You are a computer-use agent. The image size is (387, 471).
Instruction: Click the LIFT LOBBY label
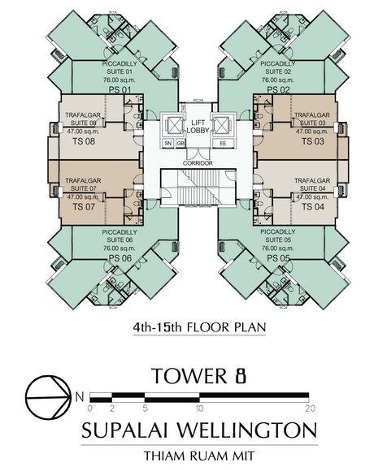pyautogui.click(x=198, y=127)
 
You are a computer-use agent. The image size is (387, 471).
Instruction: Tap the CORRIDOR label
pyautogui.click(x=198, y=163)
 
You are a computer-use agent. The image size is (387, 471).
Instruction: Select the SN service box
pyautogui.click(x=168, y=144)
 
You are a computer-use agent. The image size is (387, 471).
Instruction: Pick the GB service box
pyautogui.click(x=180, y=144)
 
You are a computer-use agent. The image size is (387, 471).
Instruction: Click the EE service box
pyautogui.click(x=223, y=144)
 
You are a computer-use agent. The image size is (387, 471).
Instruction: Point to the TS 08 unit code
pyautogui.click(x=84, y=141)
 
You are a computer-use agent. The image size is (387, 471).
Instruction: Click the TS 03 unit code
pyautogui.click(x=313, y=141)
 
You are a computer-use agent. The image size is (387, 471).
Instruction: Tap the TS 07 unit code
pyautogui.click(x=84, y=206)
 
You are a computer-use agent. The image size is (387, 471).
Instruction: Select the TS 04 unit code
pyautogui.click(x=313, y=206)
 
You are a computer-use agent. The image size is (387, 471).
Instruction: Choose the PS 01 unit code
pyautogui.click(x=120, y=89)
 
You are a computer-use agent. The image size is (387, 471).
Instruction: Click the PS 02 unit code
pyautogui.click(x=278, y=89)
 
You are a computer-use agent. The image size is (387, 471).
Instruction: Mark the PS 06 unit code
pyautogui.click(x=120, y=258)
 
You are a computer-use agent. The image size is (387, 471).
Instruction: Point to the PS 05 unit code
pyautogui.click(x=278, y=258)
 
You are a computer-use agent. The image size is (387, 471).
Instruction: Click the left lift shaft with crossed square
pyautogui.click(x=172, y=125)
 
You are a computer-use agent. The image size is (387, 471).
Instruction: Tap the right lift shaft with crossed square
pyautogui.click(x=223, y=125)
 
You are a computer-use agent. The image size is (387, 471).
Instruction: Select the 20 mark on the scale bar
pyautogui.click(x=310, y=408)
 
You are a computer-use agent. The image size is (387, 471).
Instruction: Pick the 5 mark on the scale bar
pyautogui.click(x=146, y=408)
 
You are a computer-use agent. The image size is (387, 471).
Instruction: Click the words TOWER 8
pyautogui.click(x=199, y=376)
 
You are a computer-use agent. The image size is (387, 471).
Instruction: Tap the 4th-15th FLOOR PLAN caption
pyautogui.click(x=199, y=326)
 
